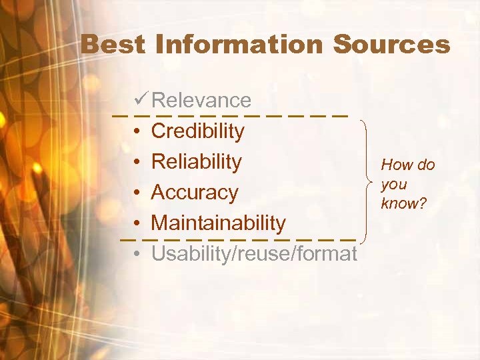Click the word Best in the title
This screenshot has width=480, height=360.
113,45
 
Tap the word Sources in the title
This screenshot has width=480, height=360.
391,45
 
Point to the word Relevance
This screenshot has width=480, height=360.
201,101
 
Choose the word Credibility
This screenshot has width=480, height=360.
198,131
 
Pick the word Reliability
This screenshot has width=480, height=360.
197,162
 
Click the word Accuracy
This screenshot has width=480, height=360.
195,193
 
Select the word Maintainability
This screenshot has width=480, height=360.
219,223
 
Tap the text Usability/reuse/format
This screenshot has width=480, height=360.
254,254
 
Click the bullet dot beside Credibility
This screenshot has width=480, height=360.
136,132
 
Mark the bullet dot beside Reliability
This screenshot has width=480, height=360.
136,163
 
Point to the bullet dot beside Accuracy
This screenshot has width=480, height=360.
136,193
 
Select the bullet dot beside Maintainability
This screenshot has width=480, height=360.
136,224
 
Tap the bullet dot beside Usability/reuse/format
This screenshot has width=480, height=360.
136,255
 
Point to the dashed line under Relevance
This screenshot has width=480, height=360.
230,115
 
